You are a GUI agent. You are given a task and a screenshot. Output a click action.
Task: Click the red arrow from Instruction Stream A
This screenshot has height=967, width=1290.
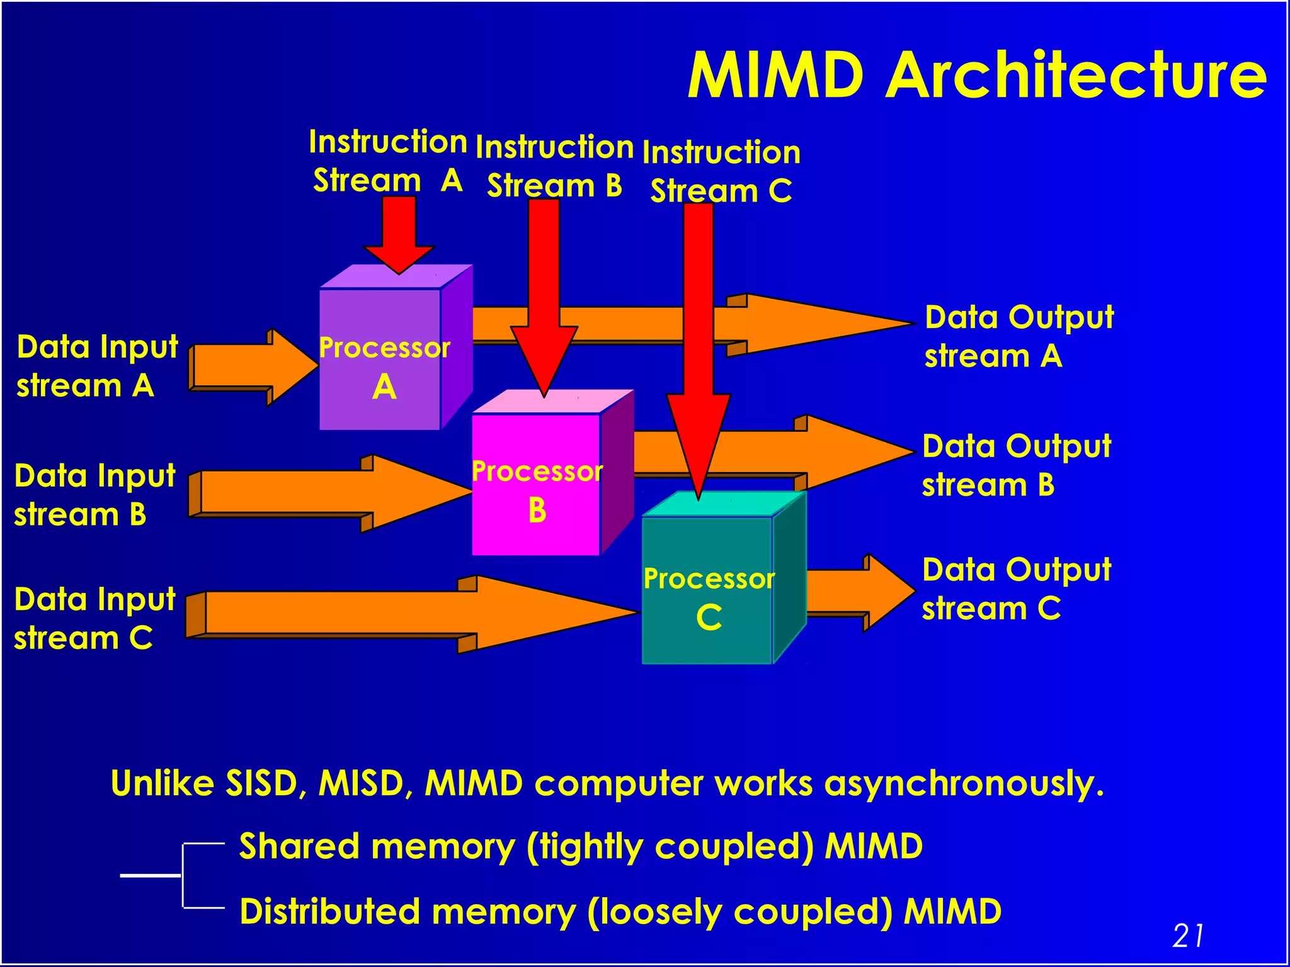click(399, 233)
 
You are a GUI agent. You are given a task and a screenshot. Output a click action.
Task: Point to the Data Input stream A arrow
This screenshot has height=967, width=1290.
click(252, 367)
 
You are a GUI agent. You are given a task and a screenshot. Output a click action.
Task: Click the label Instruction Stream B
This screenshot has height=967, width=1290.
click(554, 166)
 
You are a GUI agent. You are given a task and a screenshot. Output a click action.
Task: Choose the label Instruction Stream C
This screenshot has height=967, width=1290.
click(721, 171)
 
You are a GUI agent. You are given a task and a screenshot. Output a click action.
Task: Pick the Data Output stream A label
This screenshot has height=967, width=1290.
click(1019, 336)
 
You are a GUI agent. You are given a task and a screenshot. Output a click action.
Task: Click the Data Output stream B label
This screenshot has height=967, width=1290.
click(1016, 465)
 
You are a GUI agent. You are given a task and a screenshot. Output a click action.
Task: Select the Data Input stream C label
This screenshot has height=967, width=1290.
click(94, 618)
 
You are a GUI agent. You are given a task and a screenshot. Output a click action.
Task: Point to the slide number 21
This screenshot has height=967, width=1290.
click(1188, 936)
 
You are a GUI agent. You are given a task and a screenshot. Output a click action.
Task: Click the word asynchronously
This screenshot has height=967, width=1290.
click(964, 784)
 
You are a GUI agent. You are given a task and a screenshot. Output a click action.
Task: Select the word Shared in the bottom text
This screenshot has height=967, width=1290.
click(299, 846)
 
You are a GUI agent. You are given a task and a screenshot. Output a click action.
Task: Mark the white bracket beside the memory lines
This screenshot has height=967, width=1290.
click(182, 875)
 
